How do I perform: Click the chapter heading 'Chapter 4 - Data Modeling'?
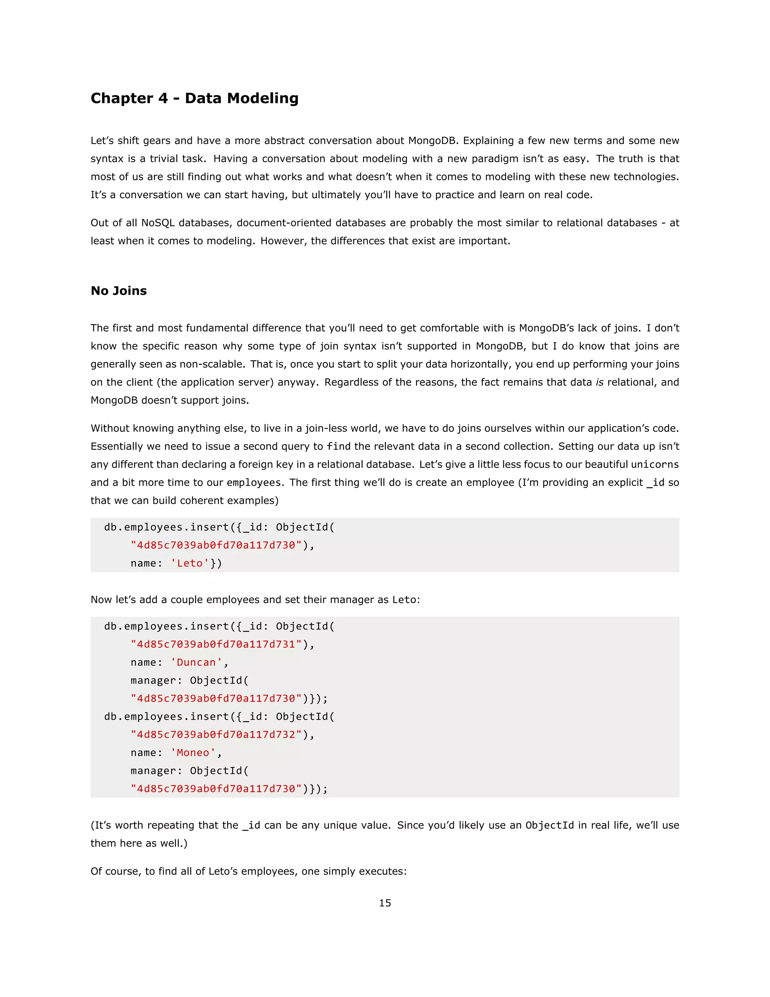click(x=194, y=98)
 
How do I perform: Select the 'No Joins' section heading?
click(x=118, y=291)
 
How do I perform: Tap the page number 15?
click(x=385, y=903)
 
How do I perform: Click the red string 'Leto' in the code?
click(x=190, y=563)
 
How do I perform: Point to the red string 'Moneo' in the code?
click(x=193, y=752)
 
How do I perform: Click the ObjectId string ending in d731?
click(x=216, y=644)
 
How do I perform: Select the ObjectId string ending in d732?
click(x=216, y=734)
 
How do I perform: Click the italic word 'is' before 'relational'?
click(x=599, y=382)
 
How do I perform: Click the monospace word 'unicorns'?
click(x=655, y=464)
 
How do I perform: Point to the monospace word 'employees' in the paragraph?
click(x=254, y=483)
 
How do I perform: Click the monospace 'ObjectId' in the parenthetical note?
click(x=549, y=825)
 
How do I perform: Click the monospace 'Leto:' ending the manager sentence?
click(x=406, y=599)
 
